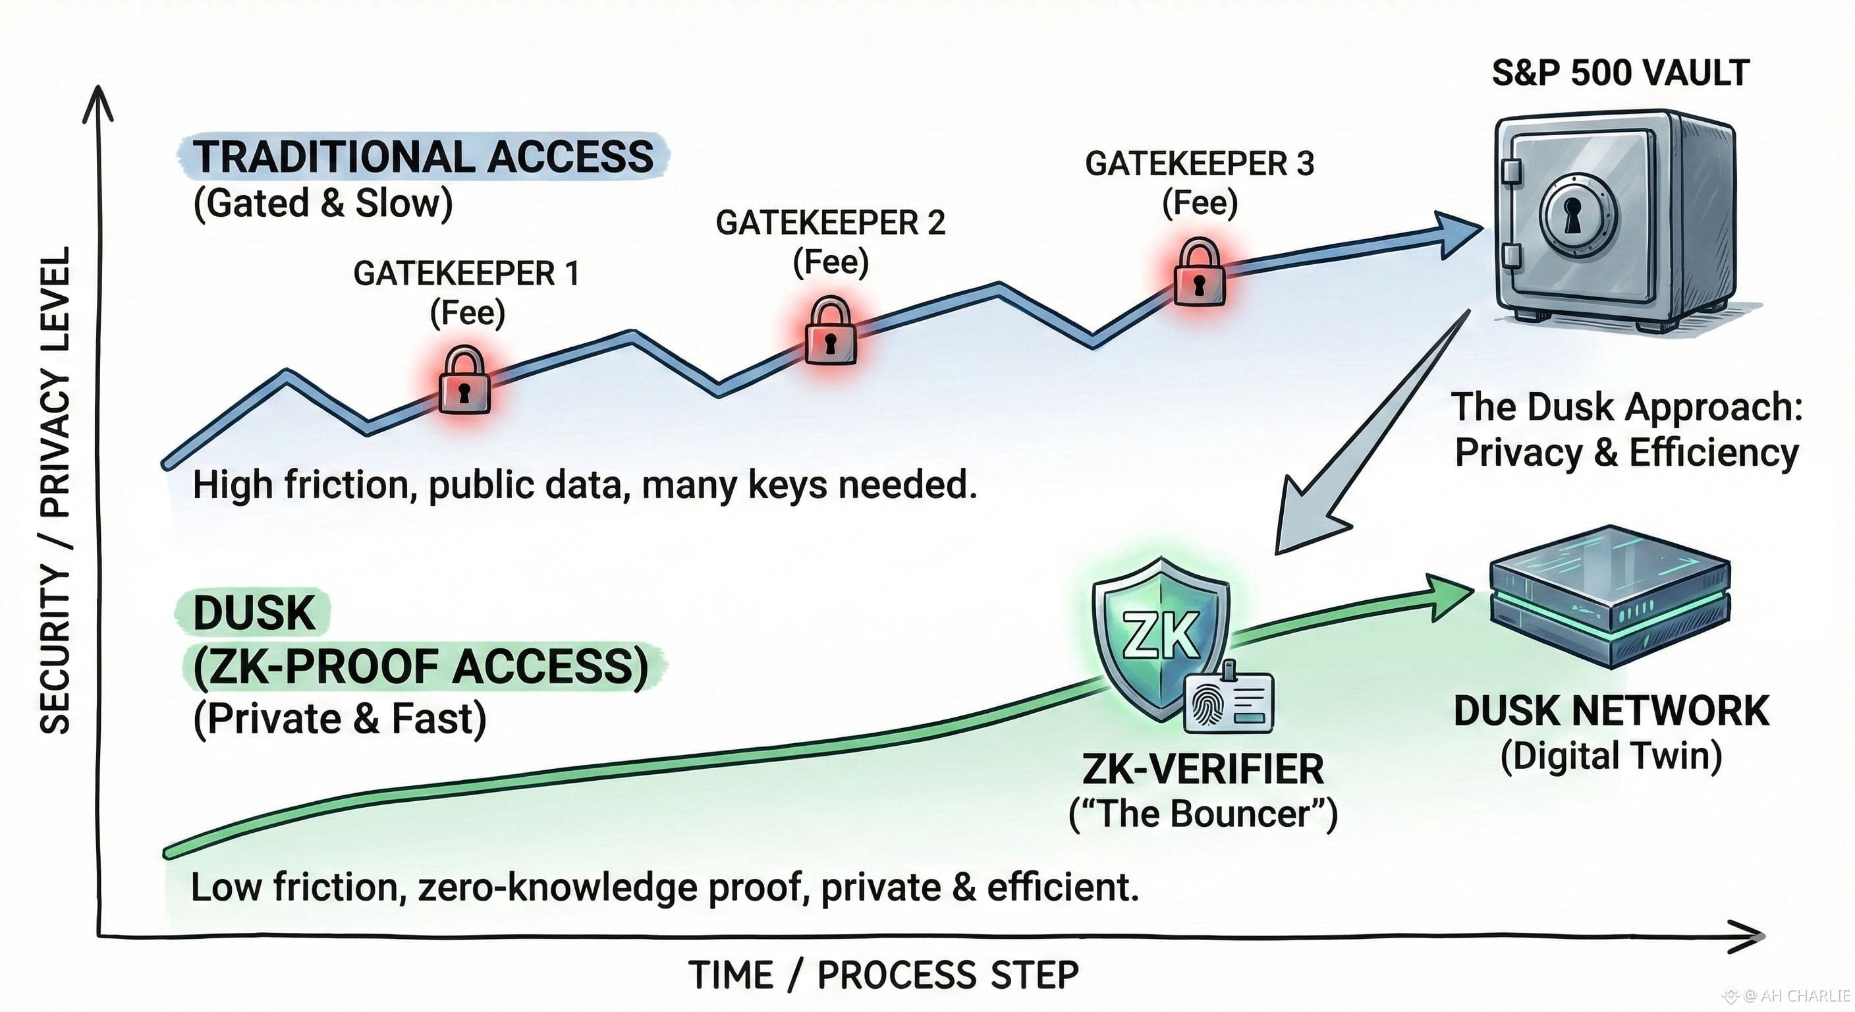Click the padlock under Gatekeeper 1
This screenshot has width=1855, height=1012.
coord(464,381)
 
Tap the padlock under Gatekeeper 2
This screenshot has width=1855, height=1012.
coord(830,333)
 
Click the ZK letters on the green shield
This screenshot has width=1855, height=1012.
coord(1161,635)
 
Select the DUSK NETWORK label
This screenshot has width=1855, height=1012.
coord(1611,711)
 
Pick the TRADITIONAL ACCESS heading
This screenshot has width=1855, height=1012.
coord(424,156)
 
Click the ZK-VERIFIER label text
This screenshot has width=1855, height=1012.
coord(1203,770)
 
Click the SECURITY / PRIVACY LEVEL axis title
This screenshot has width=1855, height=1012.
coord(55,490)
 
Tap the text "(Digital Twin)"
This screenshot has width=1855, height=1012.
coord(1611,756)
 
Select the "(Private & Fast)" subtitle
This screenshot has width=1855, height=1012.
coord(340,718)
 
